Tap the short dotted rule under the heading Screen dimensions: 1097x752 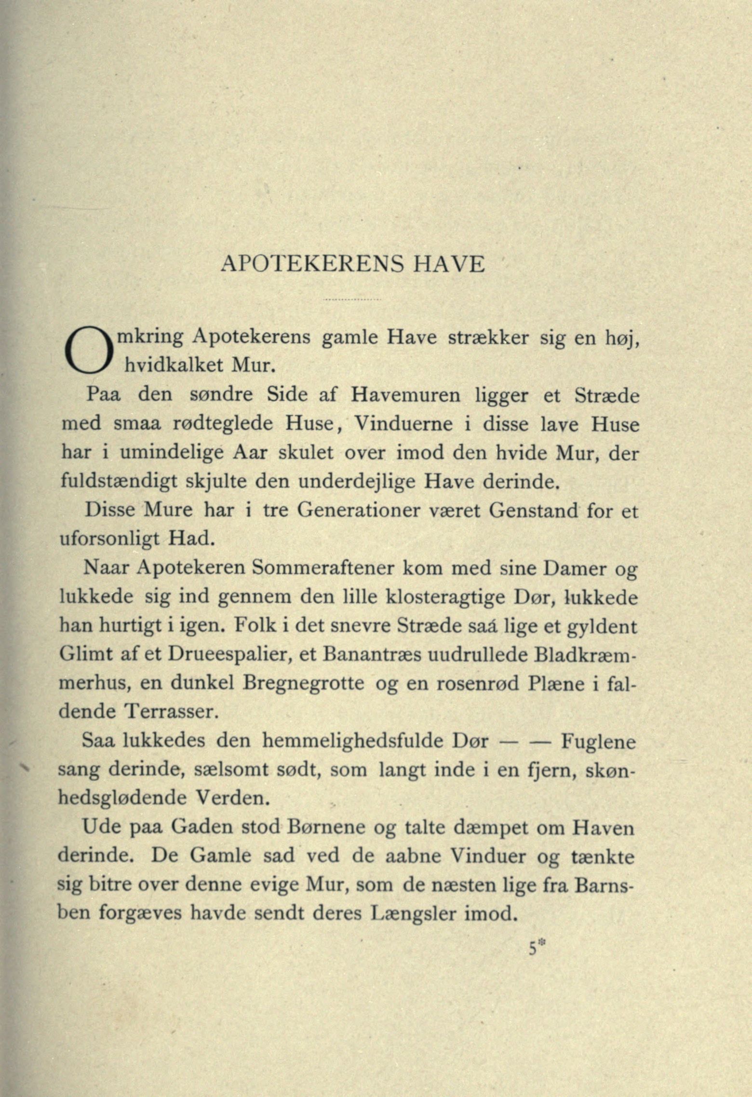pyautogui.click(x=352, y=300)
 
